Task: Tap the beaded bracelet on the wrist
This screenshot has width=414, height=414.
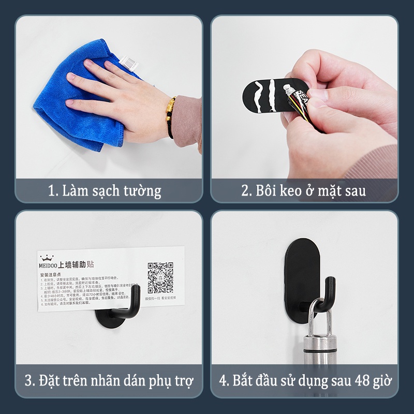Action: pos(171,117)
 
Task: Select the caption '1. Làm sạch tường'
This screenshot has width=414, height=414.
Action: pos(105,190)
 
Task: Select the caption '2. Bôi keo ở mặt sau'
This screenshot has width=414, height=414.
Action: pos(304,190)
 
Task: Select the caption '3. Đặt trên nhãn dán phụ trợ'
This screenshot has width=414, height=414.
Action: pos(109,381)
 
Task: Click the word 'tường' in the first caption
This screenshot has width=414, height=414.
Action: pos(143,190)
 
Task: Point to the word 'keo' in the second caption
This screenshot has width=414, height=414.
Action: pos(291,190)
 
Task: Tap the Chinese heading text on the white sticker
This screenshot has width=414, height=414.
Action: pos(78,264)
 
